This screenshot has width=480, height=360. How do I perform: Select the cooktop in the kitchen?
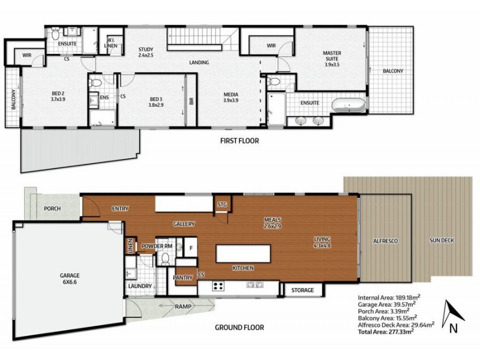[218, 286]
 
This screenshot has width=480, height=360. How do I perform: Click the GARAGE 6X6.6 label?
[70, 278]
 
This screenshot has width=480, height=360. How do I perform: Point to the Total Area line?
[386, 332]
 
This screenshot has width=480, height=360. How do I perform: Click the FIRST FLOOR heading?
[239, 141]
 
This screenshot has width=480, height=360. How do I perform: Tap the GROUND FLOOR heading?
[239, 328]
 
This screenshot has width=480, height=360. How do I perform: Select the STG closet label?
[222, 205]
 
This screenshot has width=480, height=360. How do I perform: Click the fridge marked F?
[191, 247]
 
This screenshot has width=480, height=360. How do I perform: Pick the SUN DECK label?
[442, 241]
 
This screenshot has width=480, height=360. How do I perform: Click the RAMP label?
[184, 306]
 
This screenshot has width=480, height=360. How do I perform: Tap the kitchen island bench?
[244, 253]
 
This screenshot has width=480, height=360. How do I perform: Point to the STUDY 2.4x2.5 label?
[145, 52]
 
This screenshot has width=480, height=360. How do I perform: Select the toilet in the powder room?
[166, 258]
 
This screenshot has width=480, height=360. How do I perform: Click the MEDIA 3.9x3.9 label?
[231, 97]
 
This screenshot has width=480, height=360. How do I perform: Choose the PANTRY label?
[183, 278]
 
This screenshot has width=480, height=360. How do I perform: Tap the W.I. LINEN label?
[110, 43]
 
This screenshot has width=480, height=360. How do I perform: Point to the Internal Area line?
[389, 297]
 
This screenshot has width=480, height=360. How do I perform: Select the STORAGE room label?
[302, 290]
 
